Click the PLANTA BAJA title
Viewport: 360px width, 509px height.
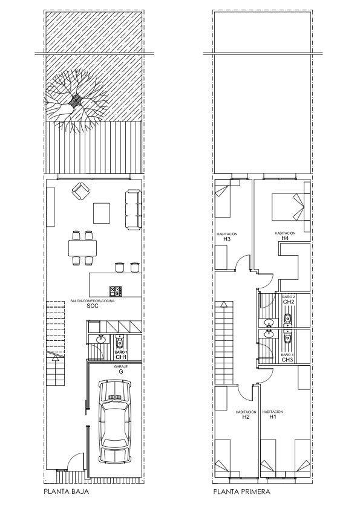67,491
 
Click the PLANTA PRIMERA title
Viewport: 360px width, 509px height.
242,491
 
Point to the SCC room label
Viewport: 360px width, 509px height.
93,306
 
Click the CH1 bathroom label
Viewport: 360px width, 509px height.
121,357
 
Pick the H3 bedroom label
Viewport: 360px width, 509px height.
227,239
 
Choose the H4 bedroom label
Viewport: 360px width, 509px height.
285,238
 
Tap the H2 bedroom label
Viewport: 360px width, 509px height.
246,417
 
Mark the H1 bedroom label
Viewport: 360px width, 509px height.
273,417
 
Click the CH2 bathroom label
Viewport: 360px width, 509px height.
288,302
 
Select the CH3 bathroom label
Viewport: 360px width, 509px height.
287,360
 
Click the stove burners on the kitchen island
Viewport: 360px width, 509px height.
116,291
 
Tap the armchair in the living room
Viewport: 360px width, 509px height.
81,191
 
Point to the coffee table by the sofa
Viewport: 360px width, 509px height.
102,213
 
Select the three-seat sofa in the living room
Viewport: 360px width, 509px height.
134,210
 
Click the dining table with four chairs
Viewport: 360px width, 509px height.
82,248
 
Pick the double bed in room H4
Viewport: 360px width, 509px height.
288,207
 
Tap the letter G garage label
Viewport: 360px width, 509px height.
121,372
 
